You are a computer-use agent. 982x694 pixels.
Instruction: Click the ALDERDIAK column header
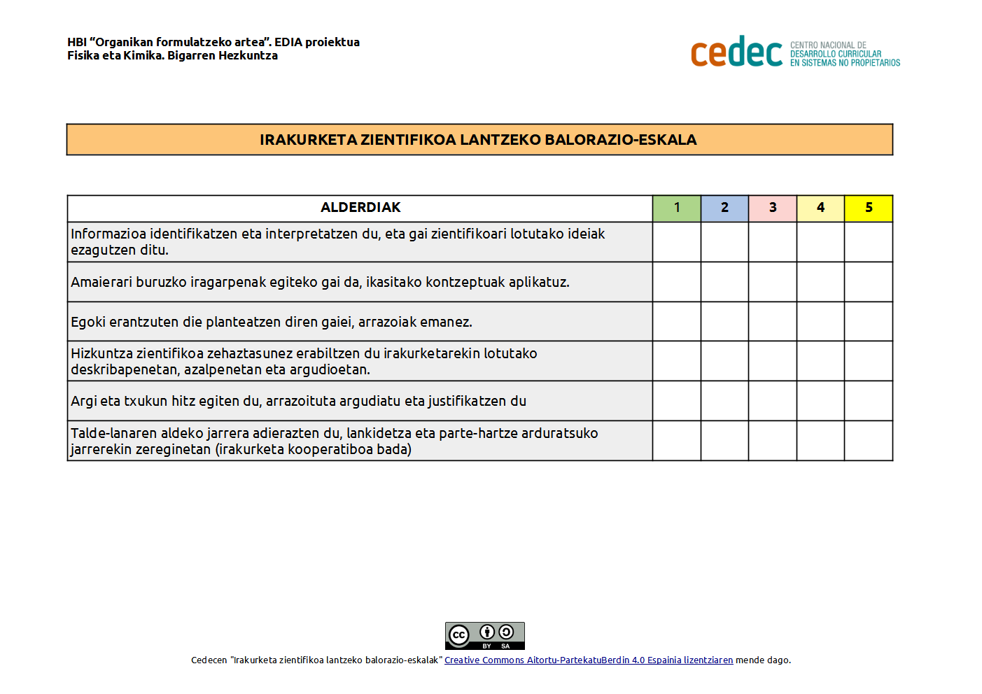(x=360, y=208)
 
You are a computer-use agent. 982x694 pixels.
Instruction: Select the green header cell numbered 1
(x=677, y=208)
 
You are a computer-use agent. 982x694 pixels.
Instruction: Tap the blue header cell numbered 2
(x=724, y=208)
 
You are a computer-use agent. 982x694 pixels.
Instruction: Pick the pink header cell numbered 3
(x=773, y=208)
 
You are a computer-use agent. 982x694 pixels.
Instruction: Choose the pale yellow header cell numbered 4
(x=820, y=208)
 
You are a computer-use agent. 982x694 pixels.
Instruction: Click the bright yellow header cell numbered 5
(x=869, y=208)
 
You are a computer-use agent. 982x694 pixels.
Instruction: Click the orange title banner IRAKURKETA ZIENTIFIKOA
(x=479, y=140)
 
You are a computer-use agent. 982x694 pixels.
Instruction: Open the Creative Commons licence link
(x=589, y=660)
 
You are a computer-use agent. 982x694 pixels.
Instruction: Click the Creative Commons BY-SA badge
(x=484, y=636)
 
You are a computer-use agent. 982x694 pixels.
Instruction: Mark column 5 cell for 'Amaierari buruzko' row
(x=869, y=282)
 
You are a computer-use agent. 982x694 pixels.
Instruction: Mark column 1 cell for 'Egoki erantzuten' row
(x=677, y=322)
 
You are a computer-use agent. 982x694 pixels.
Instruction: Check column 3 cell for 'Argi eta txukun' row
(x=773, y=401)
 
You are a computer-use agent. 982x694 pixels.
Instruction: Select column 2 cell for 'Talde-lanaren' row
(x=724, y=441)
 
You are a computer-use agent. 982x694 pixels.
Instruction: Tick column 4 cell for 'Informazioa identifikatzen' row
(x=820, y=242)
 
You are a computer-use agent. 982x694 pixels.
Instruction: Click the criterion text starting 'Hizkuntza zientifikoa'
(x=304, y=361)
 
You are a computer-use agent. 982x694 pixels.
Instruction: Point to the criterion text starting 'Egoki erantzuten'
(x=272, y=322)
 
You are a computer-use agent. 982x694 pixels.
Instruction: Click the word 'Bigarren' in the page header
(x=191, y=56)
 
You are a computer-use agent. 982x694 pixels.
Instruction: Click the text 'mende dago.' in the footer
(x=763, y=660)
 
